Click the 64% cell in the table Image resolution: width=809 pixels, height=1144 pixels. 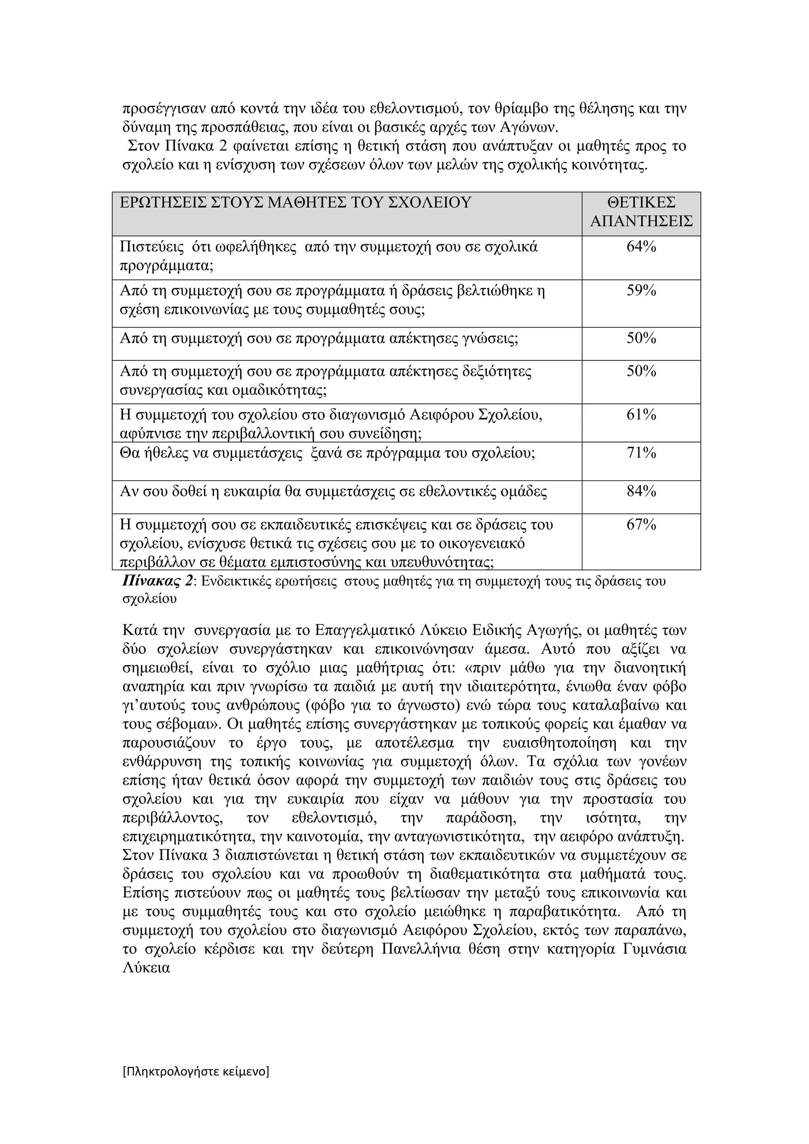point(641,247)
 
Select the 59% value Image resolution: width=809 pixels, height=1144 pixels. point(641,291)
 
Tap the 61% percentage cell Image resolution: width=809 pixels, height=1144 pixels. point(641,414)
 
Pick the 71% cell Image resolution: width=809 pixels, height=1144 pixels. point(641,453)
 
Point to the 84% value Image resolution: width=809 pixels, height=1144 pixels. point(641,492)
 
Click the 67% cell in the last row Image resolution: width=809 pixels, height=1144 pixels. point(641,525)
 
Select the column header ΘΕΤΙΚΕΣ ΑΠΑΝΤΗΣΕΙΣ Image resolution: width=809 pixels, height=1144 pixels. point(641,212)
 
